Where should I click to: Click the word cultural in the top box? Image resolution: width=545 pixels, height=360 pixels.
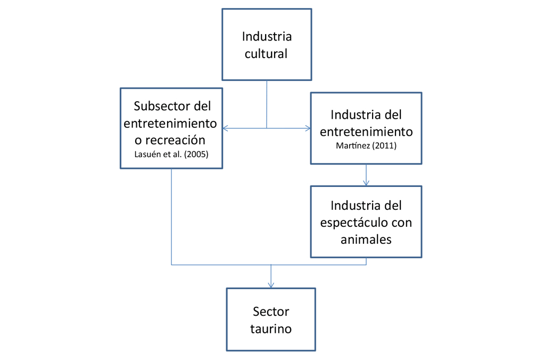266,54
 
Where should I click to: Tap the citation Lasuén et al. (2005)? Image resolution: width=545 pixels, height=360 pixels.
171,154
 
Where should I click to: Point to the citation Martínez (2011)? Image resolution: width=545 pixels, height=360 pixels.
366,145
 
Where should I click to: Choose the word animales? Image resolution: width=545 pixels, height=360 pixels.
366,239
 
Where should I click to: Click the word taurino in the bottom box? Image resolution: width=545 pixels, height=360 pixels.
271,329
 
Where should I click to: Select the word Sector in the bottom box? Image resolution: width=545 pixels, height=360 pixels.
271,312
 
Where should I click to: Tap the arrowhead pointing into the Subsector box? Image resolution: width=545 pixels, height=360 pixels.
225,128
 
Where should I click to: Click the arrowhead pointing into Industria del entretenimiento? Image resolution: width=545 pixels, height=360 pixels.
308,128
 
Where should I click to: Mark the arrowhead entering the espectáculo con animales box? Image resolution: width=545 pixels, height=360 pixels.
366,183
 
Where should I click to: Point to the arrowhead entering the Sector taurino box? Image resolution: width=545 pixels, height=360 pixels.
271,285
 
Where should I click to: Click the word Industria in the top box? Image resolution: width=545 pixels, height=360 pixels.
267,36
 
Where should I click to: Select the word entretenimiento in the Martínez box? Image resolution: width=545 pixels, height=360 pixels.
366,132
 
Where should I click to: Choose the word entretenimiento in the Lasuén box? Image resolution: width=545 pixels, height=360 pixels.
170,123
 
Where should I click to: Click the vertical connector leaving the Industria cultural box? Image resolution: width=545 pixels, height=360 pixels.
267,104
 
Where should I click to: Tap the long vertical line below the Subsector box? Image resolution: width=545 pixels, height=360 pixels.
171,217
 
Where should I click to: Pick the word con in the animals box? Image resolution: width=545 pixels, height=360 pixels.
402,223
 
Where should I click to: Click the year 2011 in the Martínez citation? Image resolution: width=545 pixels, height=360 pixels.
384,145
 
